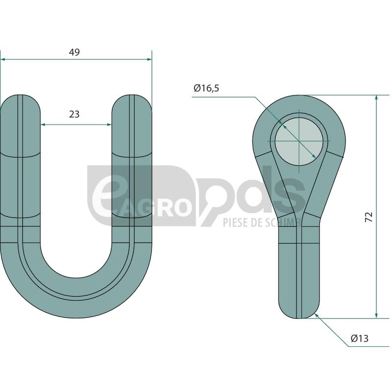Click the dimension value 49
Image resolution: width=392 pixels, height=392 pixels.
tap(74, 52)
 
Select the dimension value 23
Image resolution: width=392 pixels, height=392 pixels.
tap(74, 114)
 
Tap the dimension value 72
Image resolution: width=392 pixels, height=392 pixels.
tap(369, 217)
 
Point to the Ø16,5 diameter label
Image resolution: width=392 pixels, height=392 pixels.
tap(206, 88)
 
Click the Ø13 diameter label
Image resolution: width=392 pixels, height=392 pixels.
tap(360, 339)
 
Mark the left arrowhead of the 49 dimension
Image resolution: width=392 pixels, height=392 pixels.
tap(3, 59)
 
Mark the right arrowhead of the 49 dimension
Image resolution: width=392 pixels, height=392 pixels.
tap(149, 59)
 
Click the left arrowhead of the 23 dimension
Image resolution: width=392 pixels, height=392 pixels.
tap(43, 124)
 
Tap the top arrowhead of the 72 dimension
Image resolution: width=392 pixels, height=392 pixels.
tap(376, 98)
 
